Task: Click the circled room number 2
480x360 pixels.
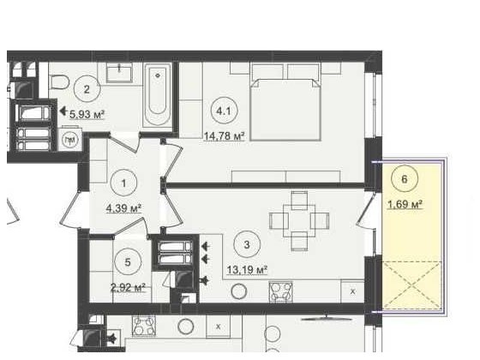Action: point(87,89)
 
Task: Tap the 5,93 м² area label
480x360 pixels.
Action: point(87,115)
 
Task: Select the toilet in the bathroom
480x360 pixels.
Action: point(60,81)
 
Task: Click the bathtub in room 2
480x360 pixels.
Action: point(158,95)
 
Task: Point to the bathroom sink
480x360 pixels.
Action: point(119,73)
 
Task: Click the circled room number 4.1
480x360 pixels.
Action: point(224,111)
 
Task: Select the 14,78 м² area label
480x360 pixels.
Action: point(225,136)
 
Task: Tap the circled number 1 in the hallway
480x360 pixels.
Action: point(123,183)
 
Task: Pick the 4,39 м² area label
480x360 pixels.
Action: point(123,208)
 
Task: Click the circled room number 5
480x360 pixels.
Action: point(128,261)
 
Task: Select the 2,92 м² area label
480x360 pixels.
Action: point(128,287)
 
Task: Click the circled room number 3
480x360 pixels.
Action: point(247,244)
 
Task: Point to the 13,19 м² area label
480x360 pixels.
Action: point(247,270)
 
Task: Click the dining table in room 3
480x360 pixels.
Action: point(299,221)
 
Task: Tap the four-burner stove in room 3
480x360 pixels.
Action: point(281,291)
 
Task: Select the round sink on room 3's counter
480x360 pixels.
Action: point(239,291)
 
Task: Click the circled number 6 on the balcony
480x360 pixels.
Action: point(405,179)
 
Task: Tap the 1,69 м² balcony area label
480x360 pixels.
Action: point(405,204)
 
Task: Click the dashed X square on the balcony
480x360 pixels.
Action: point(412,285)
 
